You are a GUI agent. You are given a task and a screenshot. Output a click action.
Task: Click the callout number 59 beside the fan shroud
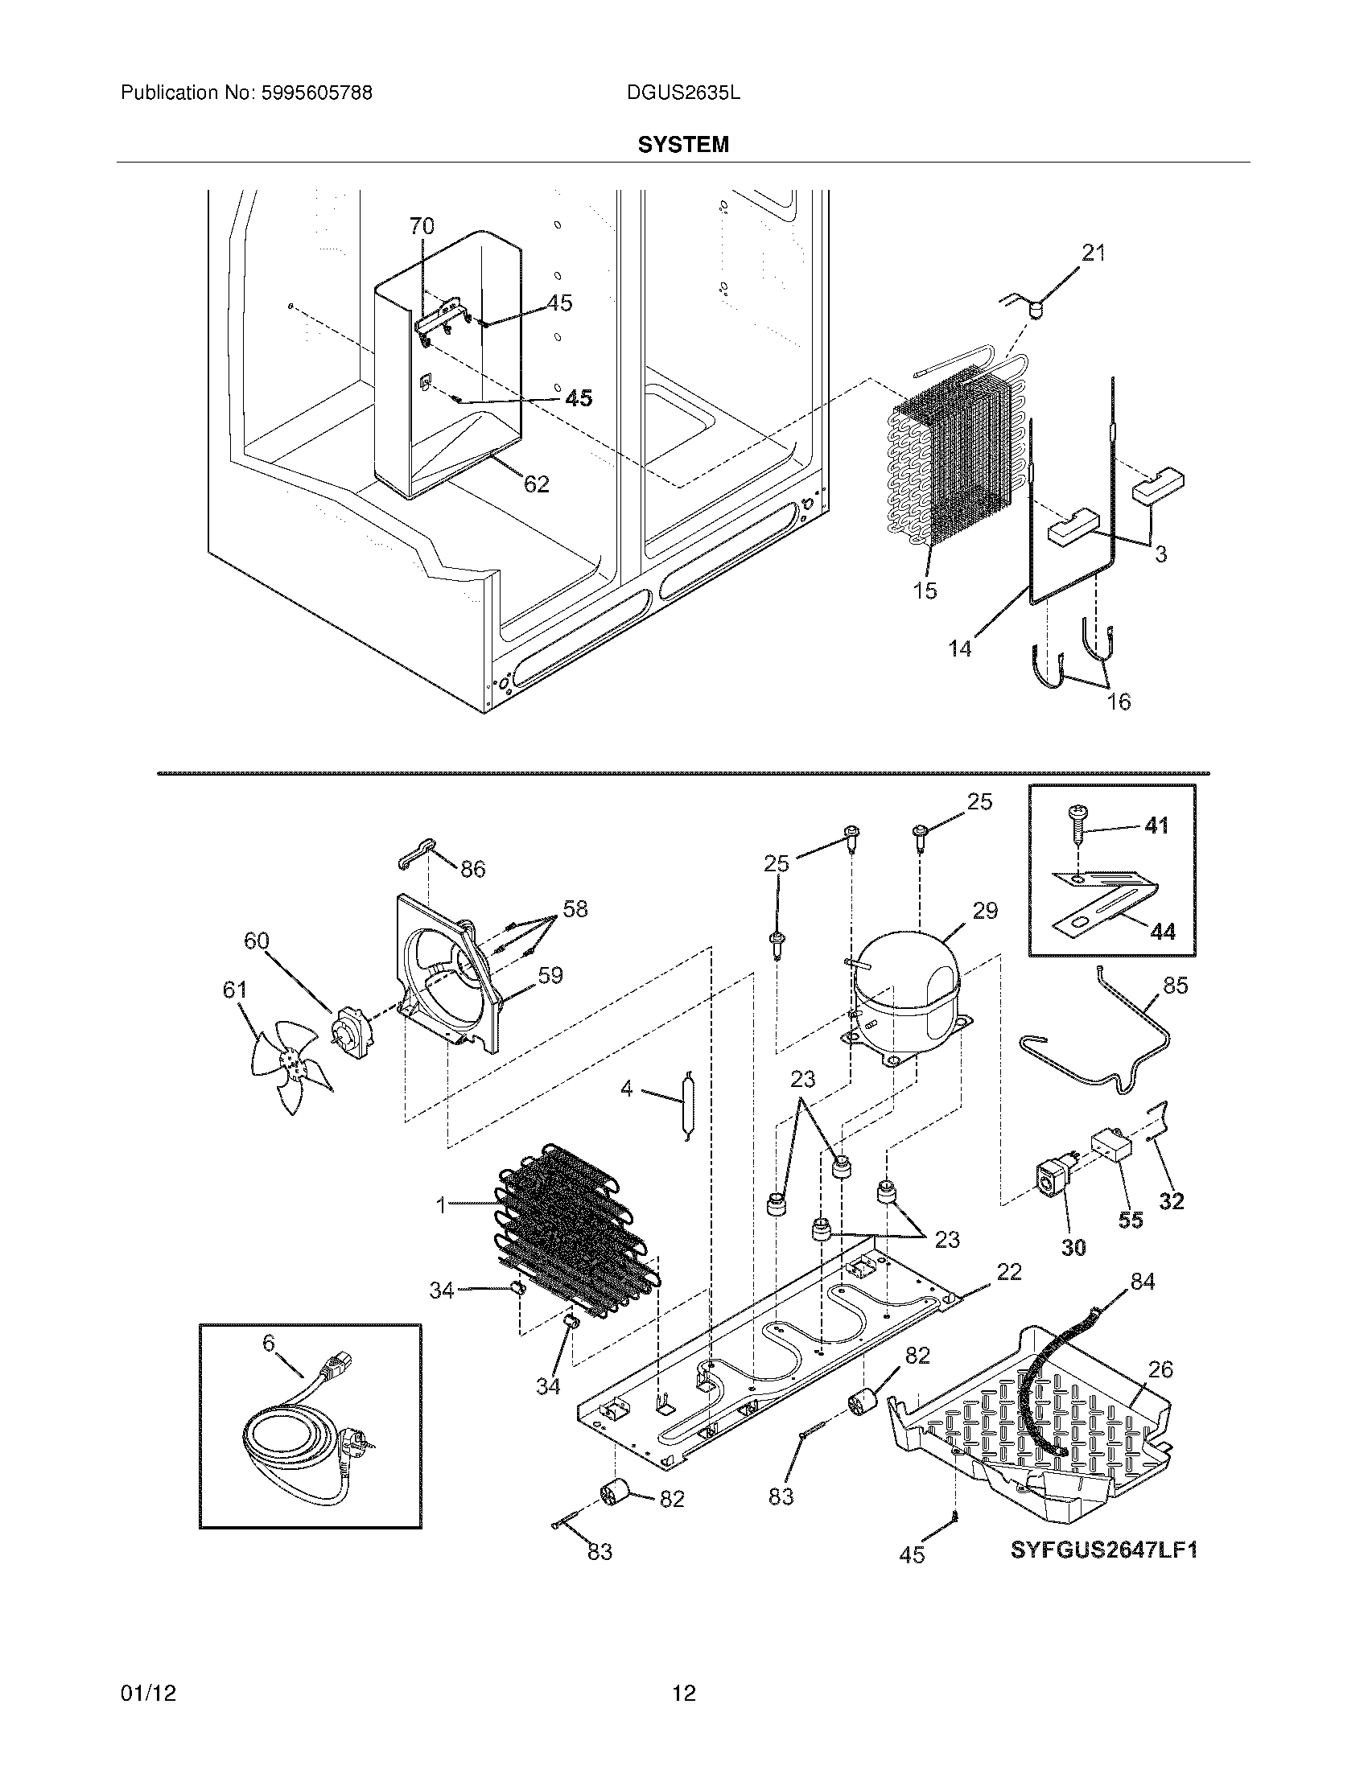(550, 975)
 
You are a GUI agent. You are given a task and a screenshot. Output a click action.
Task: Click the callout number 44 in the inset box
(1162, 932)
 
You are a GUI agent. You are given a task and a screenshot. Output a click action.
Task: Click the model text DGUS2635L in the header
(682, 93)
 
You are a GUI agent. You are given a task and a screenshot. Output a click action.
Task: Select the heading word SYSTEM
(682, 145)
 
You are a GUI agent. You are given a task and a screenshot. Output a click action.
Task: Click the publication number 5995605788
(315, 93)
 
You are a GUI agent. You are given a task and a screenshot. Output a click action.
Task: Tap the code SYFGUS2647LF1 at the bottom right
(1103, 1550)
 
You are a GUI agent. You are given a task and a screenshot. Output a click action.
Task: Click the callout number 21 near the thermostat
(1094, 253)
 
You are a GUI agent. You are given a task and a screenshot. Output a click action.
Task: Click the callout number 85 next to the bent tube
(1174, 986)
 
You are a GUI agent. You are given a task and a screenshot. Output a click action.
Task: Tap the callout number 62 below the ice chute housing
(537, 484)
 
